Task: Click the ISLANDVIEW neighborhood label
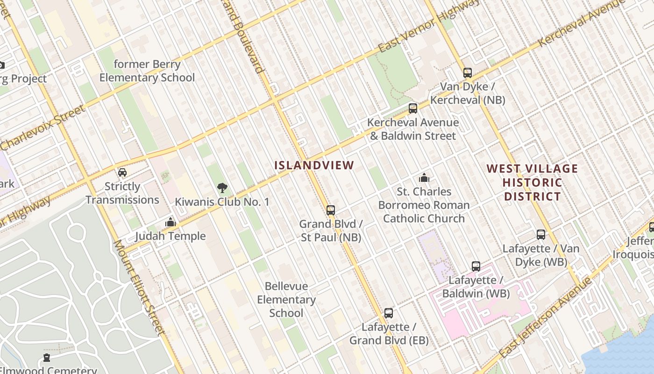click(x=314, y=165)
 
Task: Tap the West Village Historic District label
click(x=532, y=182)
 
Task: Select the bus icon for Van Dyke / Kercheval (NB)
click(x=467, y=73)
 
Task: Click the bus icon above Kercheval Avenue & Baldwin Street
click(x=412, y=108)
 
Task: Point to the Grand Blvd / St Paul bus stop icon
click(x=331, y=210)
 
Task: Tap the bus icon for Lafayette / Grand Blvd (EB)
click(x=388, y=313)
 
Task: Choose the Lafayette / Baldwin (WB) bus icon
click(x=476, y=266)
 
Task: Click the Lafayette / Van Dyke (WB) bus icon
click(x=540, y=235)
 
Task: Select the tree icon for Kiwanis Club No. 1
click(x=222, y=188)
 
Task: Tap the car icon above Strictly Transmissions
click(x=122, y=173)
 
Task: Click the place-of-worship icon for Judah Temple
click(x=171, y=222)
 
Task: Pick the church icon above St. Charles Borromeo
click(x=424, y=178)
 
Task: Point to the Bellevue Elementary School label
click(x=286, y=300)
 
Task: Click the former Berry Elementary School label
click(x=147, y=71)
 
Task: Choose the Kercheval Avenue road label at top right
click(x=581, y=23)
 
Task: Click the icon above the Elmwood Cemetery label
click(x=47, y=358)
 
